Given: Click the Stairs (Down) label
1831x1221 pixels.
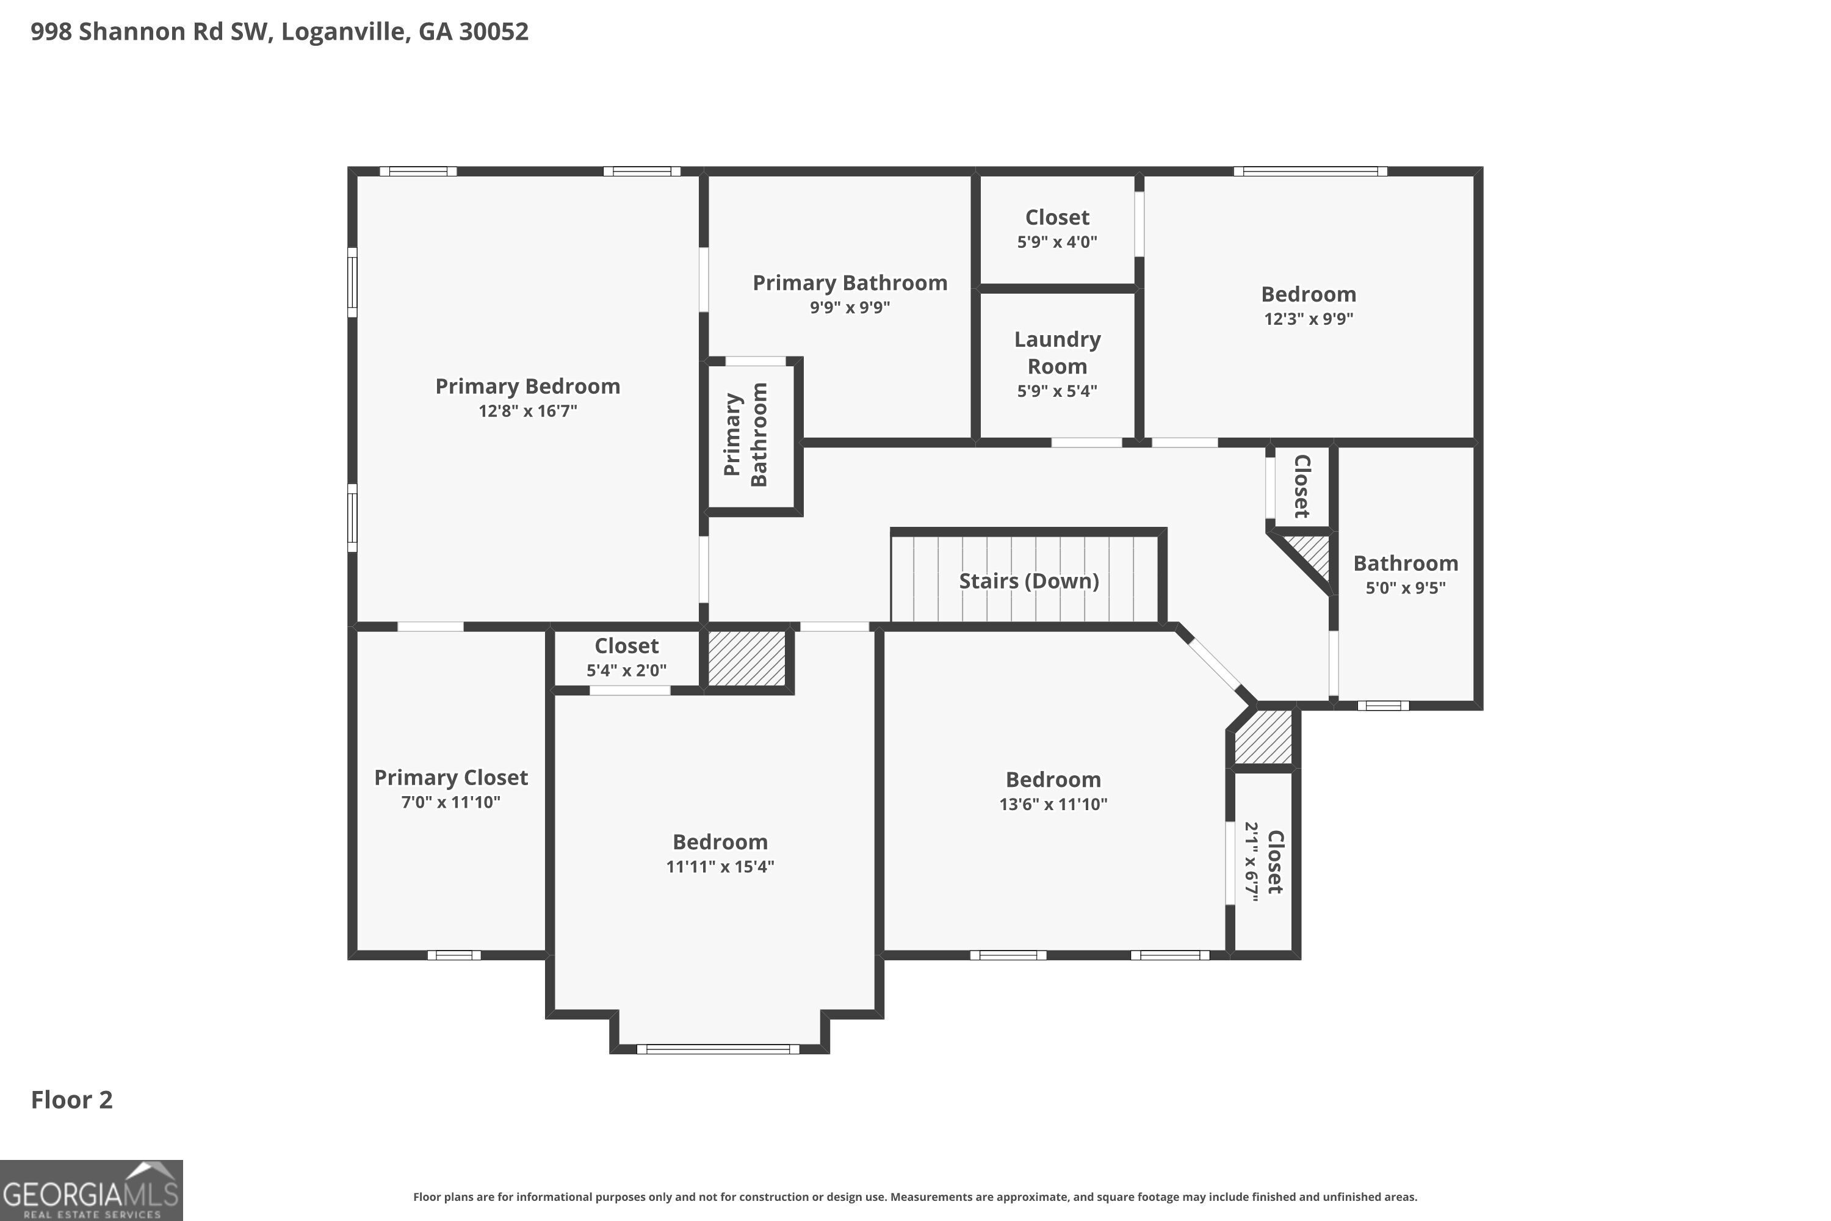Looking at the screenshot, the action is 1028,581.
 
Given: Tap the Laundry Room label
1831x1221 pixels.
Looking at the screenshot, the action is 1057,353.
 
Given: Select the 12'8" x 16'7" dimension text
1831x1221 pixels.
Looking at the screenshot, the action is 528,410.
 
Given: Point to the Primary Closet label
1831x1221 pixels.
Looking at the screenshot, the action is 451,777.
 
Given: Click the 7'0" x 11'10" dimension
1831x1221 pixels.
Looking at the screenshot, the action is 451,802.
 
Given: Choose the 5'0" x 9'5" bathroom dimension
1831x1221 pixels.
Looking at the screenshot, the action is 1405,588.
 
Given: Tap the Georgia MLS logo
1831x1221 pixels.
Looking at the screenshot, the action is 91,1190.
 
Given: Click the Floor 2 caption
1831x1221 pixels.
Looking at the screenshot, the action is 71,1100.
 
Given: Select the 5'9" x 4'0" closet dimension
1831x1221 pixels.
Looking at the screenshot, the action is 1057,241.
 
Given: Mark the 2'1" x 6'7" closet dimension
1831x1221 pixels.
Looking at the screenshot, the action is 1251,862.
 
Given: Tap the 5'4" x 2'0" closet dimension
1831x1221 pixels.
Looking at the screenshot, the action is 627,670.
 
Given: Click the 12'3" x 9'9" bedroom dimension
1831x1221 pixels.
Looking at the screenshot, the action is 1309,319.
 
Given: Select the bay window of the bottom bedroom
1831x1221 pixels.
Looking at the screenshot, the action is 718,1049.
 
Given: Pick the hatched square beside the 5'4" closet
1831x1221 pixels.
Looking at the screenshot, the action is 746,659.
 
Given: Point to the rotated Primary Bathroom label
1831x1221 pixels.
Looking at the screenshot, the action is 745,435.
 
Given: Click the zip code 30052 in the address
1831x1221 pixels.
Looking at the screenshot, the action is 494,31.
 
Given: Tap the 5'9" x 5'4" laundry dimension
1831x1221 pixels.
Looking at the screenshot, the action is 1057,391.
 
